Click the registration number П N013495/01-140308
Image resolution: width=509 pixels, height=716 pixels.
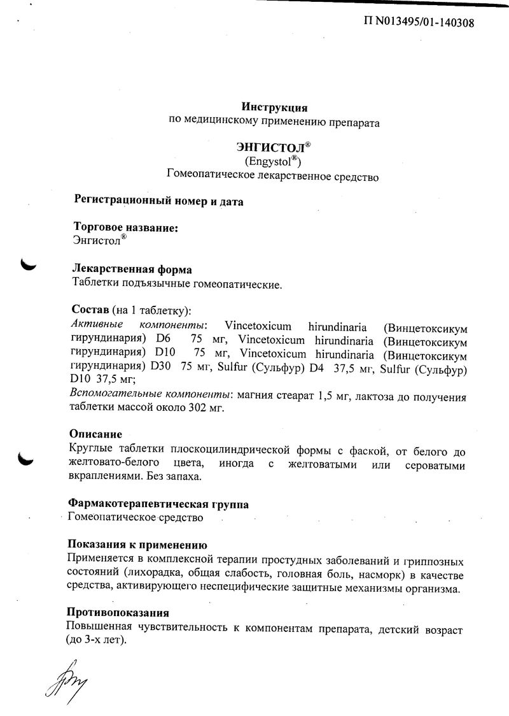(418, 23)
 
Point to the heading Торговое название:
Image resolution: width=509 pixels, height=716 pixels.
(125, 227)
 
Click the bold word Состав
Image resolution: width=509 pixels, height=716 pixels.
(90, 310)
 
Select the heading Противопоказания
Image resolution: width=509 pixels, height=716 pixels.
(118, 613)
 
